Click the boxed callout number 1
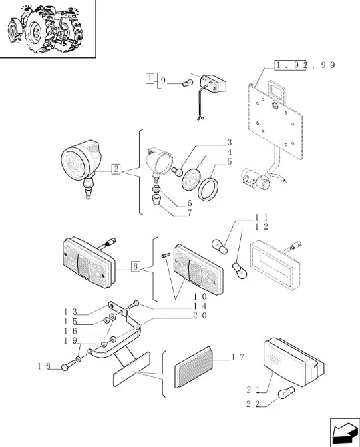(x=150, y=78)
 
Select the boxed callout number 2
(x=116, y=169)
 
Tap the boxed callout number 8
(x=136, y=266)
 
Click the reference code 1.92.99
(x=305, y=65)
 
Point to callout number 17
(x=238, y=357)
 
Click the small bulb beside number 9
(x=188, y=83)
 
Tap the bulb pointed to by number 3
(x=177, y=171)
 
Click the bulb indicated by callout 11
(x=220, y=247)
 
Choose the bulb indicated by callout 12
(x=240, y=270)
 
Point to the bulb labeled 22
(x=286, y=392)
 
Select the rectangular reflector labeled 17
(x=194, y=368)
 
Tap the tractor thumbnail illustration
(x=45, y=29)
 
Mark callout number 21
(x=253, y=390)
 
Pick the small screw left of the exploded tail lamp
(x=166, y=255)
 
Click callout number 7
(x=190, y=213)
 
